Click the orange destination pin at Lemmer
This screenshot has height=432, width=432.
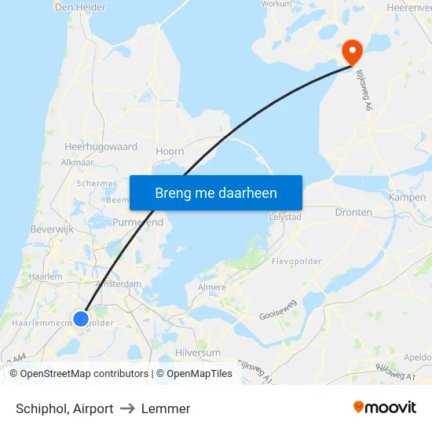click(x=351, y=51)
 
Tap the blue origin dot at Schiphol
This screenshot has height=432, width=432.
click(x=81, y=318)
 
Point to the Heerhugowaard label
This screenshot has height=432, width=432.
click(x=101, y=147)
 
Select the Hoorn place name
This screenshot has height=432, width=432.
click(x=170, y=152)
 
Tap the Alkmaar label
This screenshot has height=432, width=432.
click(x=78, y=163)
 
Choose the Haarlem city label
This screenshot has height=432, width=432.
click(x=45, y=276)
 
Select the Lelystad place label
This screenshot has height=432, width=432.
click(x=285, y=216)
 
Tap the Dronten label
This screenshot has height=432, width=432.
click(x=353, y=212)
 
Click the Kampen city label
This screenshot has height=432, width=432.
click(x=408, y=197)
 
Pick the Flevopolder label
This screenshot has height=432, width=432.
click(x=297, y=261)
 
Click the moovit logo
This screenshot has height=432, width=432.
click(x=385, y=408)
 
